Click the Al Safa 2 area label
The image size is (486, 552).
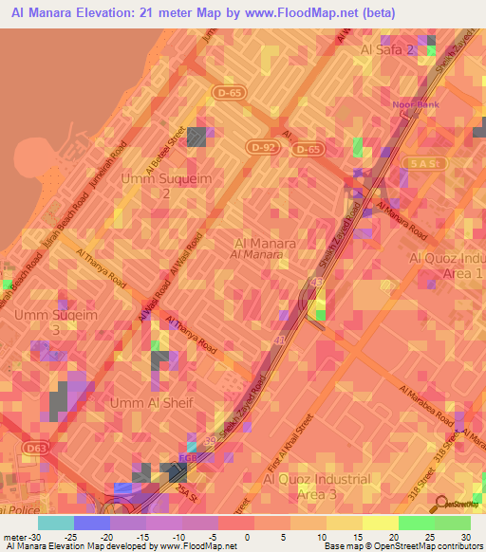tap(387, 49)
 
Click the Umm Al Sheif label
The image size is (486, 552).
tap(152, 404)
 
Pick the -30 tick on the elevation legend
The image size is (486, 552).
tap(27, 537)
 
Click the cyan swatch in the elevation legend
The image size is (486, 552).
tap(56, 523)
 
